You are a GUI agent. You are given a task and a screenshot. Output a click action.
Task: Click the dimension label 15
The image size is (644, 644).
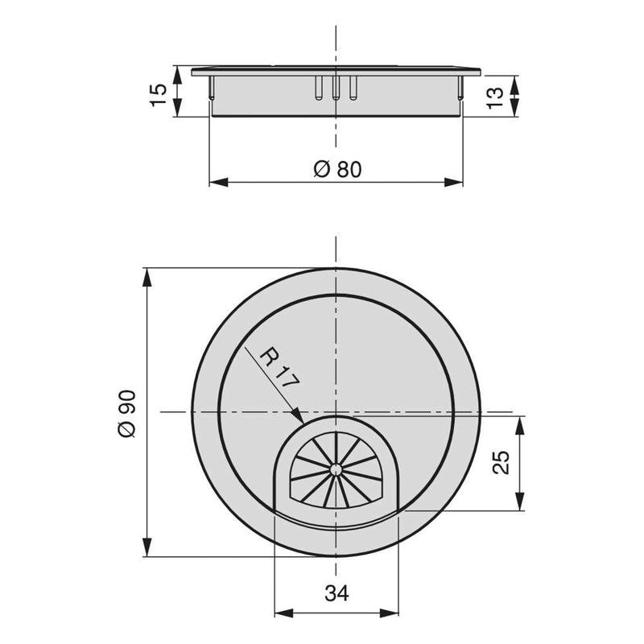pyautogui.click(x=160, y=92)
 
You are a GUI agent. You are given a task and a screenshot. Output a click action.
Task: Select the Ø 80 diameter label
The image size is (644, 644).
pyautogui.click(x=336, y=169)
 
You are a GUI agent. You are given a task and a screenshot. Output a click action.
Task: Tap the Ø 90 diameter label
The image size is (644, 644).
pyautogui.click(x=127, y=412)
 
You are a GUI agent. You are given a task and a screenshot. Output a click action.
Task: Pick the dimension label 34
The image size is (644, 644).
pyautogui.click(x=336, y=594)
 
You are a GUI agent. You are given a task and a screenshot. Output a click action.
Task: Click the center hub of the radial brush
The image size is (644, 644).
pyautogui.click(x=334, y=468)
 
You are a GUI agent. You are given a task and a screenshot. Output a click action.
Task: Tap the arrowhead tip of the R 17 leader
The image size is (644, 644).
pyautogui.click(x=303, y=422)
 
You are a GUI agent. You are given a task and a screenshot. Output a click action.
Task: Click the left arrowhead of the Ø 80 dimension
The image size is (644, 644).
pyautogui.click(x=213, y=182)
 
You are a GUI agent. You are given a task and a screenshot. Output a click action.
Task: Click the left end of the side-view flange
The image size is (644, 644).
pyautogui.click(x=194, y=71)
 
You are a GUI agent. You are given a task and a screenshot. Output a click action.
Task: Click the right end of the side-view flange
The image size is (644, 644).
pyautogui.click(x=479, y=71)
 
